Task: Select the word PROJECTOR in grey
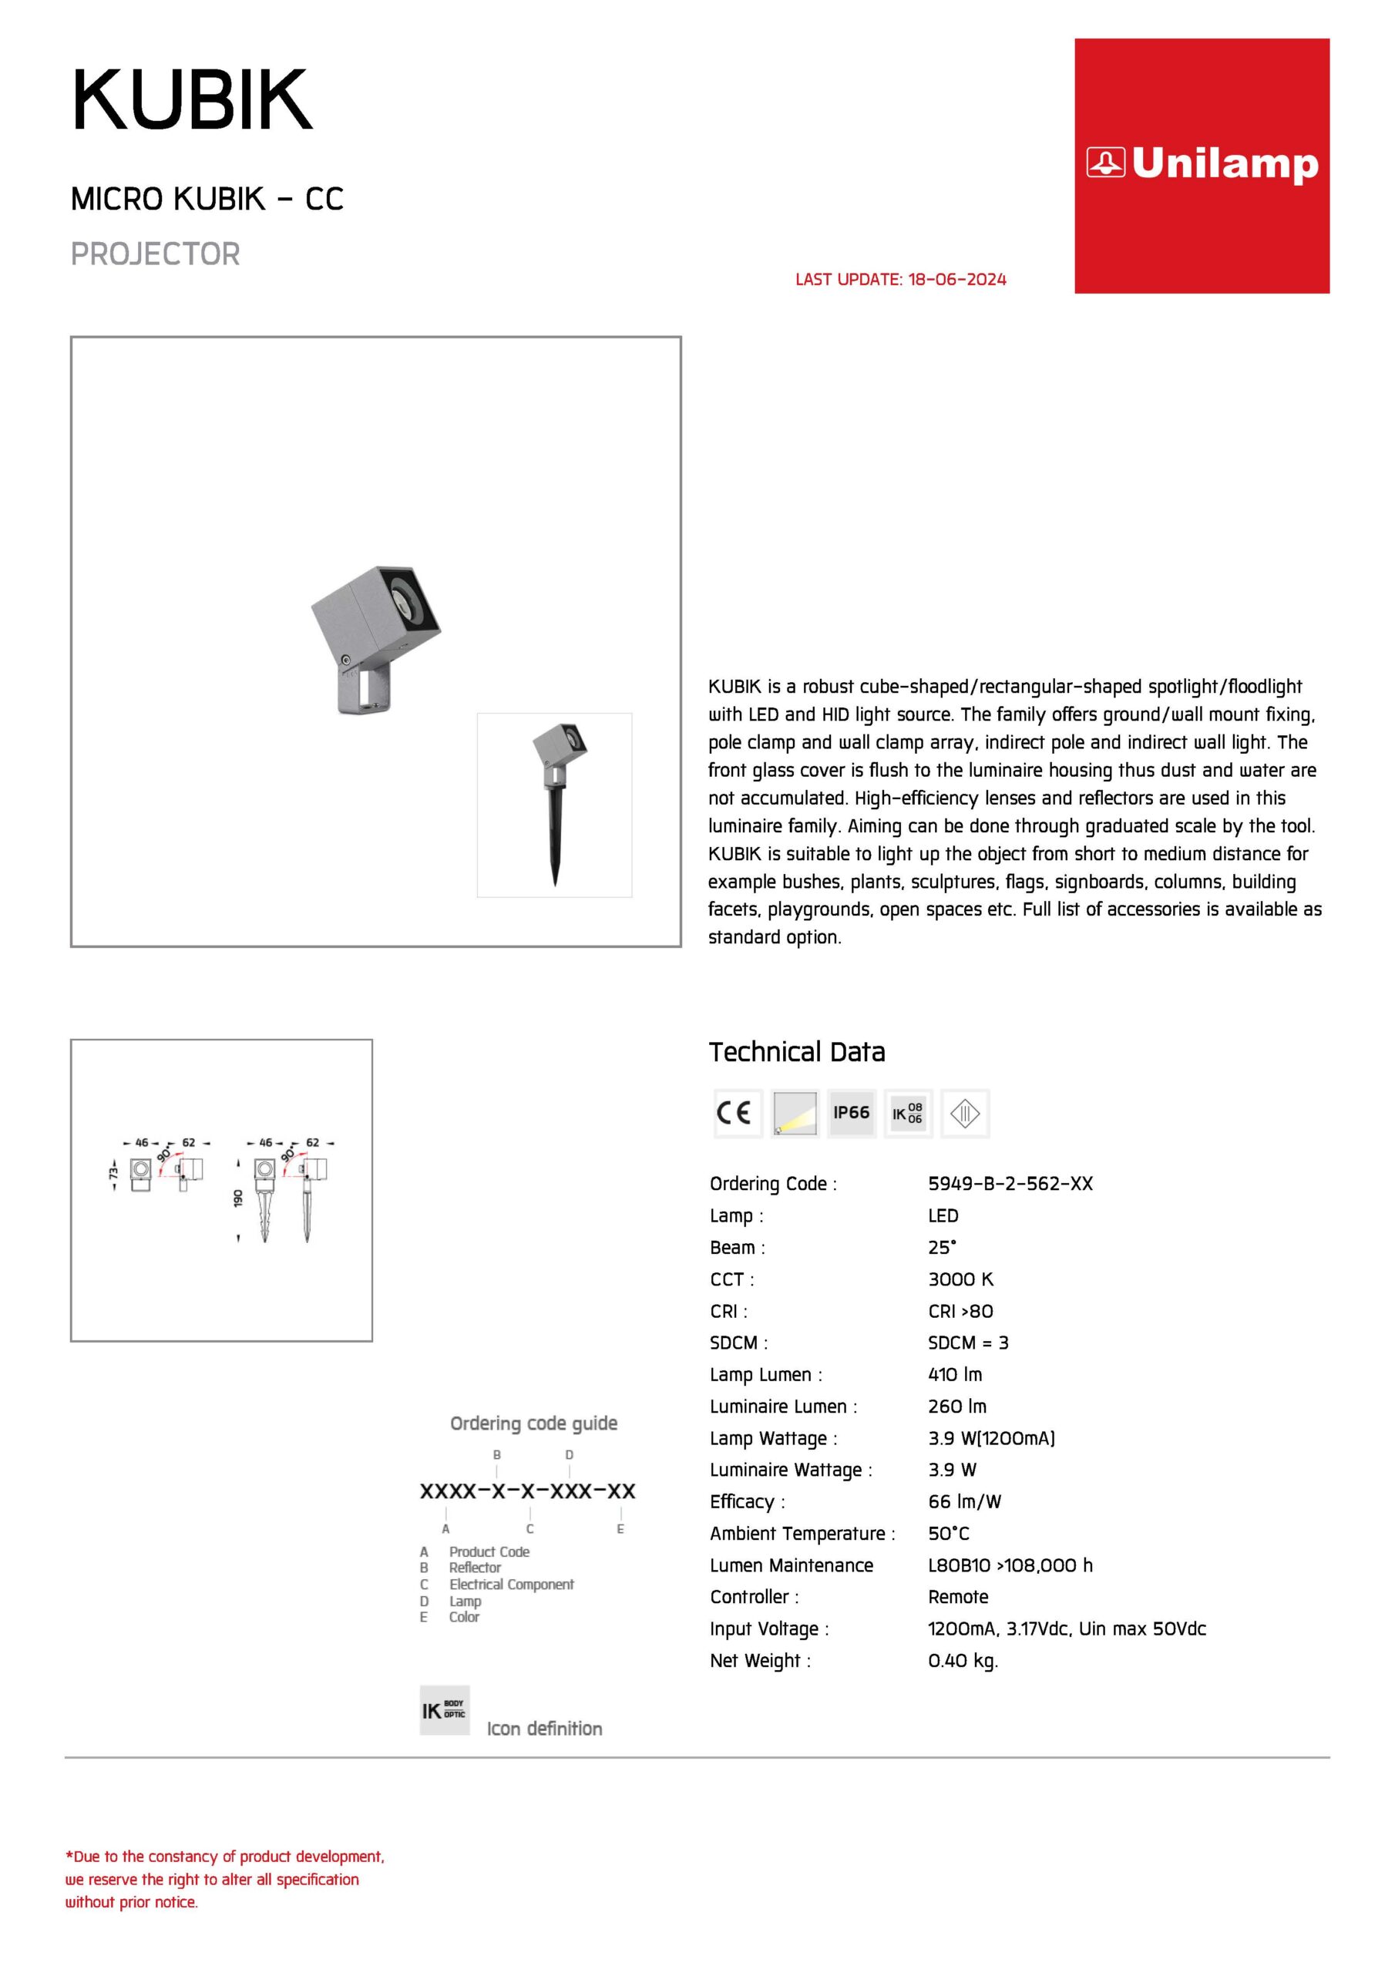pyautogui.click(x=156, y=254)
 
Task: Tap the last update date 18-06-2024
pyautogui.click(x=956, y=279)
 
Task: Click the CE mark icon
pyautogui.click(x=738, y=1113)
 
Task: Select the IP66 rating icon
pyautogui.click(x=851, y=1113)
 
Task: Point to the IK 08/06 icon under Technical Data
pyautogui.click(x=907, y=1113)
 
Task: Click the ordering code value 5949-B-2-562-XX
pyautogui.click(x=1010, y=1183)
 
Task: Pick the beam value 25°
pyautogui.click(x=942, y=1247)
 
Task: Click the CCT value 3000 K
pyautogui.click(x=960, y=1279)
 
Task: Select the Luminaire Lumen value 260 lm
pyautogui.click(x=956, y=1406)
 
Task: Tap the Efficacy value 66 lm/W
pyautogui.click(x=964, y=1501)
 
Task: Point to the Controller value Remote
pyautogui.click(x=957, y=1597)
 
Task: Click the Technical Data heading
pyautogui.click(x=797, y=1052)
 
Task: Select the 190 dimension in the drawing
pyautogui.click(x=238, y=1198)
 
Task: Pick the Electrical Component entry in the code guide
pyautogui.click(x=512, y=1584)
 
